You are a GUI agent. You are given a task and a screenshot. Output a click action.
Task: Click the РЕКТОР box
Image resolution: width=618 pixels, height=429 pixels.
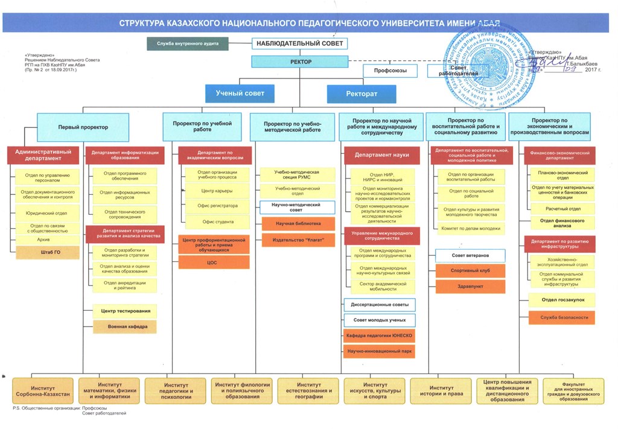(300, 62)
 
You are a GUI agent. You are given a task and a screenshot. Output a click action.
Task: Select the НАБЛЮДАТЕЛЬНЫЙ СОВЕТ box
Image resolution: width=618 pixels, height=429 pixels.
(300, 43)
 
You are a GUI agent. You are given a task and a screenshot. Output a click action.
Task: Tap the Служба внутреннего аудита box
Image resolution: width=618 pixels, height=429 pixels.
(188, 43)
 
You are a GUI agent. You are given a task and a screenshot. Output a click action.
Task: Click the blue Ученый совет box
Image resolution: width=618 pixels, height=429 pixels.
(240, 93)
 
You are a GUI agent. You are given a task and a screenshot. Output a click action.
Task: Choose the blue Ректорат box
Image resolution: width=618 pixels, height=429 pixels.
(362, 94)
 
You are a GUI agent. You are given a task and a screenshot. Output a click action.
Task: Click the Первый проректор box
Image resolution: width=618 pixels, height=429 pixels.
(83, 127)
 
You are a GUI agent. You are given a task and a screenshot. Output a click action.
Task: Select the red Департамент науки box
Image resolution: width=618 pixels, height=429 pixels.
(381, 155)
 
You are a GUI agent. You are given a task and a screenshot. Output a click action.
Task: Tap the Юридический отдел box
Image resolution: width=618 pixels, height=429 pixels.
(47, 212)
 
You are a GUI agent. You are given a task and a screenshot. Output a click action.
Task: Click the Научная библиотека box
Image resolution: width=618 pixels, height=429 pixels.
(298, 224)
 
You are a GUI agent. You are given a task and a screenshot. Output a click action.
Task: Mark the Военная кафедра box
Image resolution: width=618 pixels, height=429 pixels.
(124, 326)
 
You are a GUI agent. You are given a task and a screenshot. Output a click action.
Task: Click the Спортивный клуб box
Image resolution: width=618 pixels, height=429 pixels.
(470, 271)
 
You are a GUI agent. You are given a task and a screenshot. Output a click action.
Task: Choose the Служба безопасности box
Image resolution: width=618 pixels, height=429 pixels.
(561, 317)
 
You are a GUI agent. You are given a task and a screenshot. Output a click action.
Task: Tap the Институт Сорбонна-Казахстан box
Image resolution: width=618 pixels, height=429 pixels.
(43, 390)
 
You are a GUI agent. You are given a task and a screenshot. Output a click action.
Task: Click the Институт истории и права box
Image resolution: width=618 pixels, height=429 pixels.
(441, 390)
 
